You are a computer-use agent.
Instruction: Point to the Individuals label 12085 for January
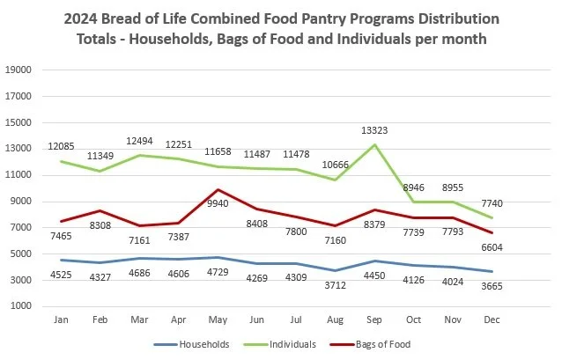click(60, 144)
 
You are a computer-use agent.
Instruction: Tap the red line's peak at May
click(218, 190)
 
